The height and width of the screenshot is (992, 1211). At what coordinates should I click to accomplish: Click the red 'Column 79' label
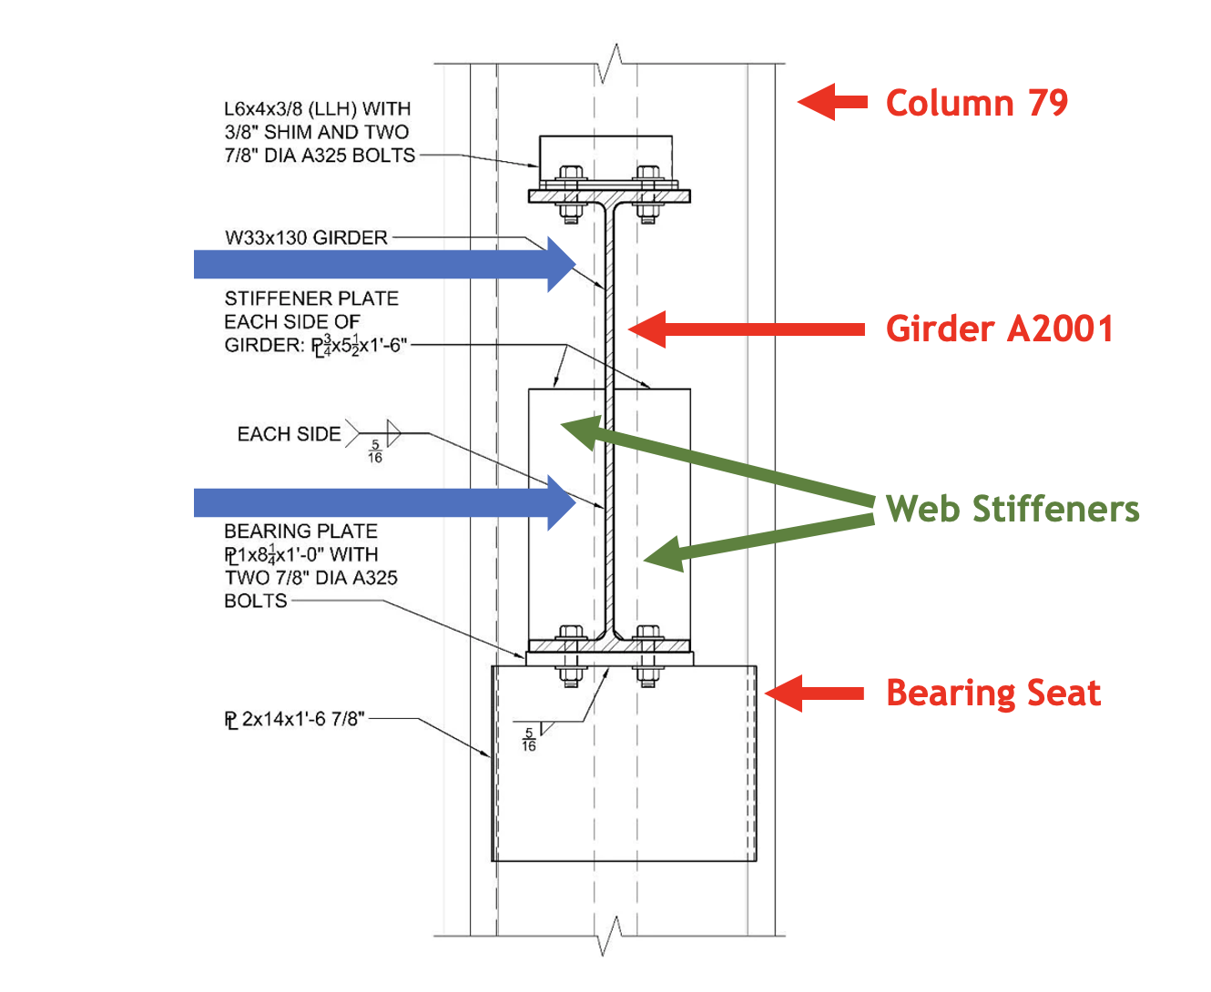click(976, 103)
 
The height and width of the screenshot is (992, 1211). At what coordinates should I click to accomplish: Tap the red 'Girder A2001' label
click(999, 329)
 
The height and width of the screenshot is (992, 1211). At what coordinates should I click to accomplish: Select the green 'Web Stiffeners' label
click(1012, 509)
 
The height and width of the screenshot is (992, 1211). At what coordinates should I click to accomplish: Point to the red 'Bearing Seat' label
click(992, 693)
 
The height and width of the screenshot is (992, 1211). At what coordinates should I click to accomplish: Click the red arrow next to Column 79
click(832, 102)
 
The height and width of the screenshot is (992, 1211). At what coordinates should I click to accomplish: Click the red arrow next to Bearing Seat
click(813, 693)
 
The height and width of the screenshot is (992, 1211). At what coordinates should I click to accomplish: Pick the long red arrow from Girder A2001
click(747, 329)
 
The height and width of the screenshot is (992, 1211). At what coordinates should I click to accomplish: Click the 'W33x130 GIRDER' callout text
click(306, 238)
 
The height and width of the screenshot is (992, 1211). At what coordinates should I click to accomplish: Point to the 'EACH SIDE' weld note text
click(289, 434)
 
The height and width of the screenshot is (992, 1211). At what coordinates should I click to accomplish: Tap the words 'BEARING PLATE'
click(300, 531)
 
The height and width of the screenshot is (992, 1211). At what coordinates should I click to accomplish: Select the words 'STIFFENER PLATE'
click(311, 299)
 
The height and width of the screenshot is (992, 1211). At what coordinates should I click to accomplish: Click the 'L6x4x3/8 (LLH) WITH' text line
click(317, 109)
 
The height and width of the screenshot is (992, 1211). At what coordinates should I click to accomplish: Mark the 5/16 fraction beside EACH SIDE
click(375, 451)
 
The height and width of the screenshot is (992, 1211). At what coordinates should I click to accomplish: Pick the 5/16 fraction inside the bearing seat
click(529, 740)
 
